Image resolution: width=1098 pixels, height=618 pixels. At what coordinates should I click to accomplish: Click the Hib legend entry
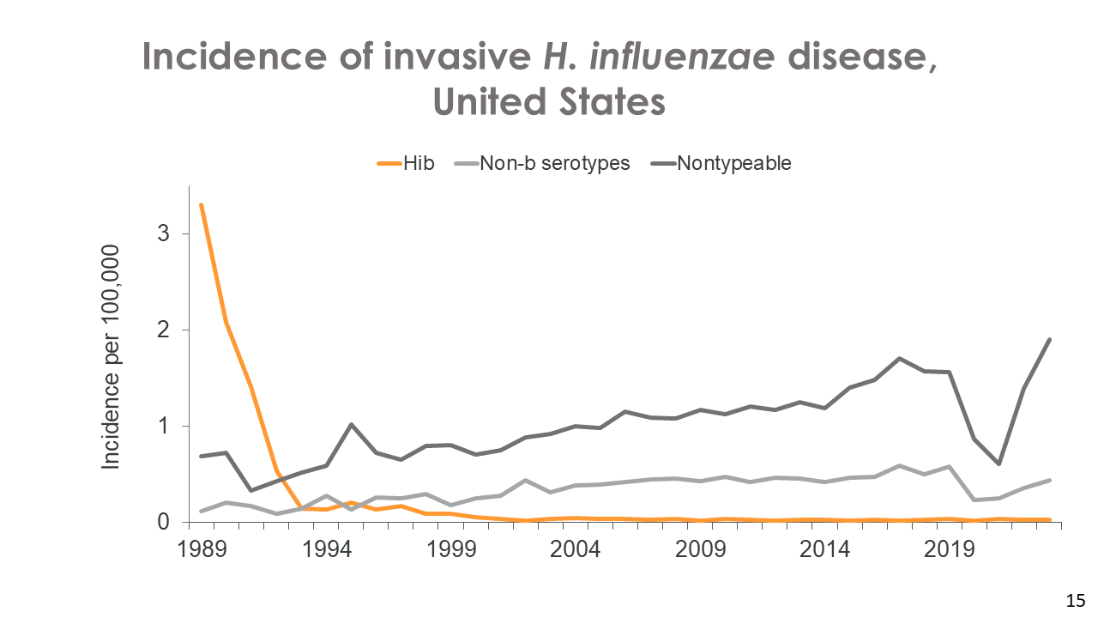tap(407, 163)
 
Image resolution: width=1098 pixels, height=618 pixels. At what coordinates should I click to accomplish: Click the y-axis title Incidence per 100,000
tap(112, 355)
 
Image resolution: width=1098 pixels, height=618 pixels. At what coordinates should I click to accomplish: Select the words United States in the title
tap(549, 101)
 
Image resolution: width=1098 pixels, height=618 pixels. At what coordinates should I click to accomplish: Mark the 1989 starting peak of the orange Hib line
tap(201, 204)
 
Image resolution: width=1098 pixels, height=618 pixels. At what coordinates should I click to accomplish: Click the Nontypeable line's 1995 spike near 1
tap(352, 424)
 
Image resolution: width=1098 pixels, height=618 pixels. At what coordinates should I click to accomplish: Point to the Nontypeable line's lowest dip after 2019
tap(998, 463)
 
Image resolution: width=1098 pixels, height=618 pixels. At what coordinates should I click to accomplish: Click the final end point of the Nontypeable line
tap(1049, 339)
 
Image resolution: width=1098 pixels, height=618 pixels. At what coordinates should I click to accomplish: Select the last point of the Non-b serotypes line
tap(1049, 480)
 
